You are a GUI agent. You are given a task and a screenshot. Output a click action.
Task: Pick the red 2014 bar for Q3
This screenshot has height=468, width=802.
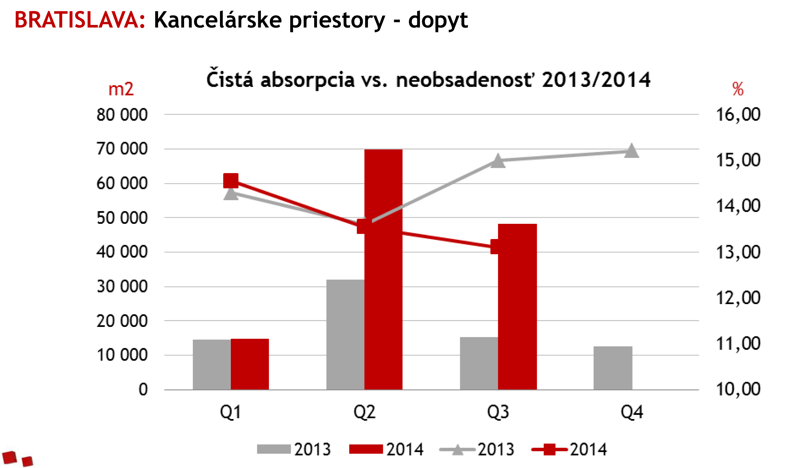(x=517, y=318)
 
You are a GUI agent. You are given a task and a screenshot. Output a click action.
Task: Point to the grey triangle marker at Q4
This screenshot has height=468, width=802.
(x=631, y=151)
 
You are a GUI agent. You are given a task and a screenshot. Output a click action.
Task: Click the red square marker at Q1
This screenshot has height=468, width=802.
(x=231, y=181)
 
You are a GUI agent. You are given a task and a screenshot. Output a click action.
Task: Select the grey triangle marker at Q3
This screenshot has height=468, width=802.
(x=498, y=161)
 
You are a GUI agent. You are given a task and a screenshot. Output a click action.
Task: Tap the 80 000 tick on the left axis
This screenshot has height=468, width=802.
(x=122, y=115)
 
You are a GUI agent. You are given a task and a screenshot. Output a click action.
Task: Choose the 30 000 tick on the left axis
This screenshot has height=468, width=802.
(x=122, y=287)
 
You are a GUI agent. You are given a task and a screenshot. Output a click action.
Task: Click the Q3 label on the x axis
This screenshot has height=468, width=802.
(x=498, y=412)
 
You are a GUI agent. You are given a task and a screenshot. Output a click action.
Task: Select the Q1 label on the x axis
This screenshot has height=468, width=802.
(x=231, y=412)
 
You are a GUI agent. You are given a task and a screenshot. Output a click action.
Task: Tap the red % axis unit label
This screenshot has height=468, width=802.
(x=738, y=89)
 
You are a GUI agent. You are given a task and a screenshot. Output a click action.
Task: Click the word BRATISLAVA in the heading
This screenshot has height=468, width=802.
(x=80, y=20)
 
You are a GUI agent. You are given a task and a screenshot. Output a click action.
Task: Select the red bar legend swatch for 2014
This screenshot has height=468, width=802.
(x=366, y=449)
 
